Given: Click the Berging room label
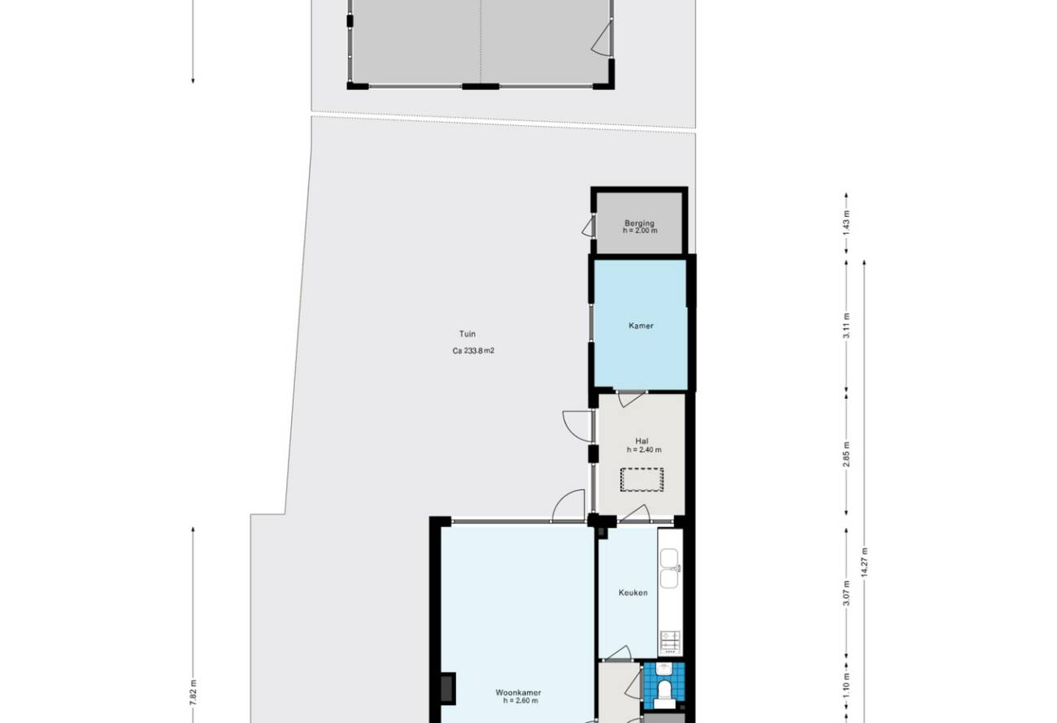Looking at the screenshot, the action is pyautogui.click(x=639, y=223).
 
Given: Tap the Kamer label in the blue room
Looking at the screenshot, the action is pyautogui.click(x=641, y=326).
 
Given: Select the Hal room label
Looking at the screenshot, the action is pyautogui.click(x=642, y=441).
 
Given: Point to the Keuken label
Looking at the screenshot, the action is pyautogui.click(x=633, y=592).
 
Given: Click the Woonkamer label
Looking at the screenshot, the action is pyautogui.click(x=518, y=692).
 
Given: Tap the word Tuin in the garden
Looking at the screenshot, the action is pyautogui.click(x=468, y=334).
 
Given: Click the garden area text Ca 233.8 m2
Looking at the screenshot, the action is pyautogui.click(x=473, y=351).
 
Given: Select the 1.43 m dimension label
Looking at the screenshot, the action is pyautogui.click(x=846, y=219).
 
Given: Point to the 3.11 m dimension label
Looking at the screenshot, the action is pyautogui.click(x=846, y=326).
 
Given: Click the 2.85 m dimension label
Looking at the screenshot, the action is pyautogui.click(x=846, y=454).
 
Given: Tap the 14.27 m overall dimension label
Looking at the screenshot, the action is pyautogui.click(x=864, y=562).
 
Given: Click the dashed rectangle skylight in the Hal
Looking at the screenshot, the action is pyautogui.click(x=642, y=480).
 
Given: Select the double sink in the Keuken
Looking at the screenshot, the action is pyautogui.click(x=669, y=569).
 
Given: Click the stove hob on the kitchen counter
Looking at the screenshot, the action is pyautogui.click(x=670, y=642).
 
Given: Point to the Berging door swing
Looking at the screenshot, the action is pyautogui.click(x=589, y=226).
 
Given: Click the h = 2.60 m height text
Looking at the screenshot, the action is pyautogui.click(x=520, y=701).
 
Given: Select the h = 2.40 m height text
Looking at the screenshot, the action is pyautogui.click(x=644, y=449).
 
